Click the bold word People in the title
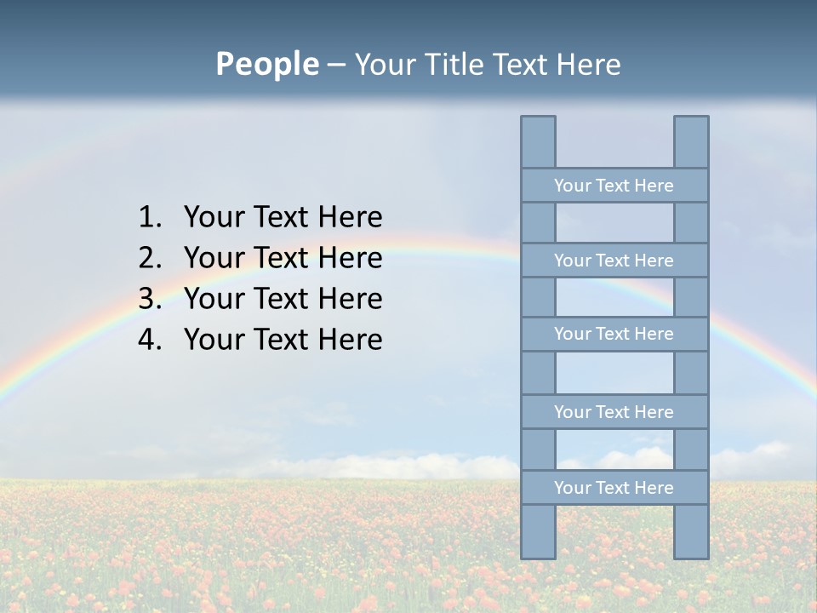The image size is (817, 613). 266,64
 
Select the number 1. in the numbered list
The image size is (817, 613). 150,217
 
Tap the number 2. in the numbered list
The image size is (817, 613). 150,258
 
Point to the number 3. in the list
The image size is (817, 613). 150,299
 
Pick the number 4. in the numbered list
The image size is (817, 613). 150,340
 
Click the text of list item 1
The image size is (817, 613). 283,217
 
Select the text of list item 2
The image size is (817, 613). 283,258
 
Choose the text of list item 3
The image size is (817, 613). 283,299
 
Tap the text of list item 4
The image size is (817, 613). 283,340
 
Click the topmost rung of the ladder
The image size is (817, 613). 614,186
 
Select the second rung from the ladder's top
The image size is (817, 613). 614,261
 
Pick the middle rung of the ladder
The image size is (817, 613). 614,334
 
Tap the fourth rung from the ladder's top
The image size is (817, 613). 614,412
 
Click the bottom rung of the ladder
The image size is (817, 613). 614,488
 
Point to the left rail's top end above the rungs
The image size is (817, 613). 538,141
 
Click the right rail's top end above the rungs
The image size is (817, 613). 691,141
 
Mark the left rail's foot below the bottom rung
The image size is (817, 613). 538,531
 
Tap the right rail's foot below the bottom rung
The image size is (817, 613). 691,531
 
